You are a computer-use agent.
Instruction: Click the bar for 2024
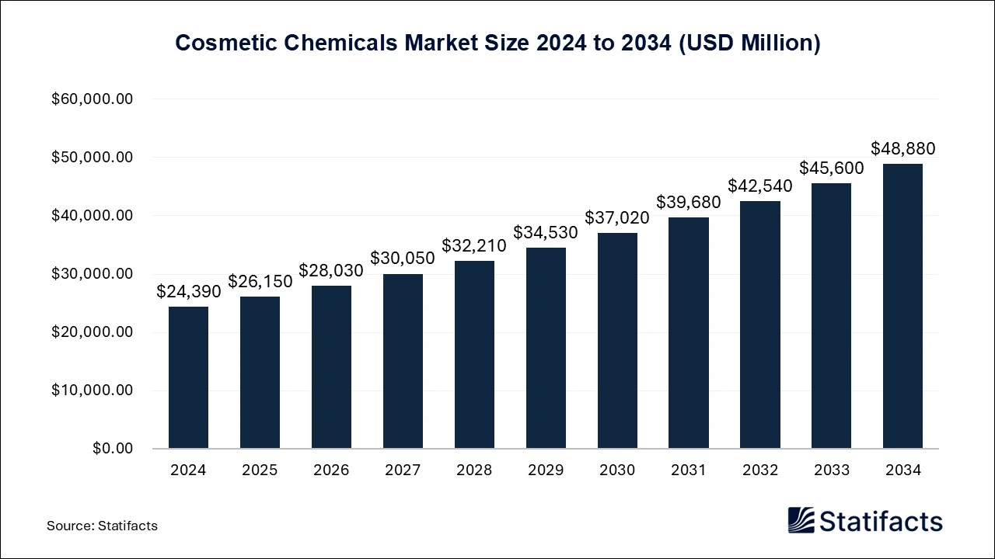188,377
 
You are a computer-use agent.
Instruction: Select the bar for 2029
546,348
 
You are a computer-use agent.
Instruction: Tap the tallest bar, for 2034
902,306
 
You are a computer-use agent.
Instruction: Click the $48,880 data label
902,148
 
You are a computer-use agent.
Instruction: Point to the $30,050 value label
403,258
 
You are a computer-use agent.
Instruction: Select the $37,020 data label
617,217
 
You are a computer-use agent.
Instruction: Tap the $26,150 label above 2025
260,281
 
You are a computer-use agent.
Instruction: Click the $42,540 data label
760,186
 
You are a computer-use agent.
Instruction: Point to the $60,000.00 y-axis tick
93,99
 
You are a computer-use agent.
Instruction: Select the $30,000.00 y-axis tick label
93,274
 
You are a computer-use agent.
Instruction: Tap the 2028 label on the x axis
474,470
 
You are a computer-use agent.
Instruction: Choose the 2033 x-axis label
831,470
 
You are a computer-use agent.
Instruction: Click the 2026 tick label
331,470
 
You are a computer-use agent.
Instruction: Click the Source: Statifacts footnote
102,526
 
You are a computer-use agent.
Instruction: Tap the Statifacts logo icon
801,520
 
